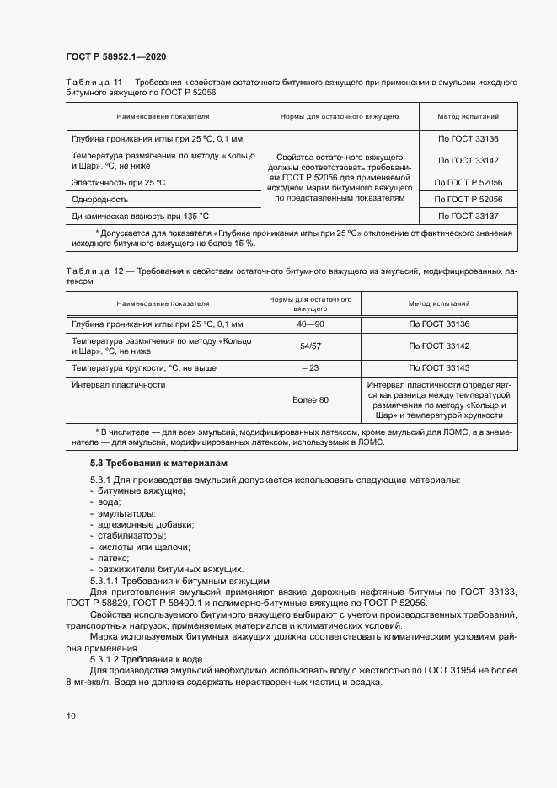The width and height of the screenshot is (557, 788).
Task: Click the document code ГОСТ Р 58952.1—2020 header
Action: coord(115,56)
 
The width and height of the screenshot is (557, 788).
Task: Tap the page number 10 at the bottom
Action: coord(71,716)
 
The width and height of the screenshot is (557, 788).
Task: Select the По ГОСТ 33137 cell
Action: coord(469,216)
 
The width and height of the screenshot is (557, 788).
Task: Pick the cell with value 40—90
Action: coord(310,324)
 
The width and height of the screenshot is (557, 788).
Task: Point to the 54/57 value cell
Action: coord(310,346)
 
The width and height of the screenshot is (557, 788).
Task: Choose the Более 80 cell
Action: coord(310,399)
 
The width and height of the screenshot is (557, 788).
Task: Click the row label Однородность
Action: coord(99,200)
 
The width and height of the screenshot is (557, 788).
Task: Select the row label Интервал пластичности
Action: coord(119,384)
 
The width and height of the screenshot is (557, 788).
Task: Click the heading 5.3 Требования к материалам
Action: coord(159,464)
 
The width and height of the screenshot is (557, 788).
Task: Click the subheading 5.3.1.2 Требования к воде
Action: coord(147,658)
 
